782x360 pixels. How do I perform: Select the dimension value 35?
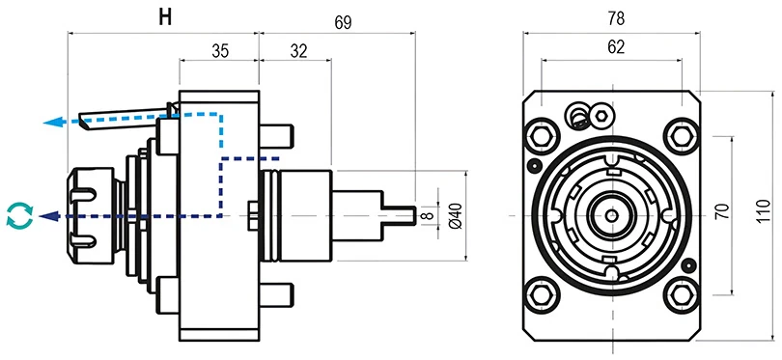click(x=219, y=52)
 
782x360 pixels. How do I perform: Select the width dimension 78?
click(x=614, y=17)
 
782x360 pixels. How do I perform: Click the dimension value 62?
click(x=614, y=45)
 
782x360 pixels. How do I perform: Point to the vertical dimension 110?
click(x=762, y=212)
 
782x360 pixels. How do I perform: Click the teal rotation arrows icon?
click(x=18, y=215)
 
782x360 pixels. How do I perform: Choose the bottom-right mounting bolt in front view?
click(x=686, y=291)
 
